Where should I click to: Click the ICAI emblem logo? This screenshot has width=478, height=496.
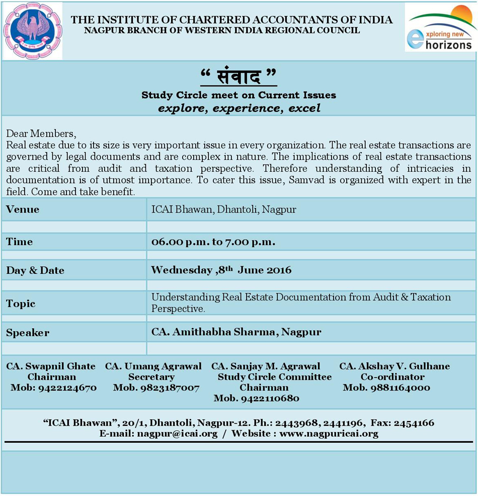pyautogui.click(x=33, y=31)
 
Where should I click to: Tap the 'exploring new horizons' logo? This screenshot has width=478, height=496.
pyautogui.click(x=441, y=29)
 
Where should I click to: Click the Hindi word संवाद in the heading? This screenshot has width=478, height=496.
pyautogui.click(x=238, y=77)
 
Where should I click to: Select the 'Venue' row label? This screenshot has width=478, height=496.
pyautogui.click(x=23, y=209)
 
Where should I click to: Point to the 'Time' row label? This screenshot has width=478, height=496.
pyautogui.click(x=20, y=242)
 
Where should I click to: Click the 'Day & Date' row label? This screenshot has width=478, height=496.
pyautogui.click(x=35, y=270)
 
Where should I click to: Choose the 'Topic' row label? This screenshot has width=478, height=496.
pyautogui.click(x=21, y=304)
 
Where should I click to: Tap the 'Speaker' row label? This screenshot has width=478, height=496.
pyautogui.click(x=28, y=333)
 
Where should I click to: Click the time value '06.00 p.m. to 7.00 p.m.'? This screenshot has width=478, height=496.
pyautogui.click(x=213, y=242)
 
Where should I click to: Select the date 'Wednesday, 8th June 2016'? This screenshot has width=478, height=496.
pyautogui.click(x=221, y=270)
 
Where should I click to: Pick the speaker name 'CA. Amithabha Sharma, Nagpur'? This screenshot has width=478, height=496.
pyautogui.click(x=236, y=332)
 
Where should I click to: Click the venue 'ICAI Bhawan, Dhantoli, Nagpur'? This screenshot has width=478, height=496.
pyautogui.click(x=224, y=209)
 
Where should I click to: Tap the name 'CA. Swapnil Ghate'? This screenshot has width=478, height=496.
pyautogui.click(x=51, y=366)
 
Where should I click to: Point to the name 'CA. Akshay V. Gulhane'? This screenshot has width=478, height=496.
pyautogui.click(x=394, y=366)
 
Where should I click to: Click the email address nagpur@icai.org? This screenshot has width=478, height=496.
pyautogui.click(x=177, y=434)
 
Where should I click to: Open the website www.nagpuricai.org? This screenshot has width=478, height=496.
pyautogui.click(x=329, y=434)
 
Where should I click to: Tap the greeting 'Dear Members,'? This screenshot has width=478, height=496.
pyautogui.click(x=41, y=134)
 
